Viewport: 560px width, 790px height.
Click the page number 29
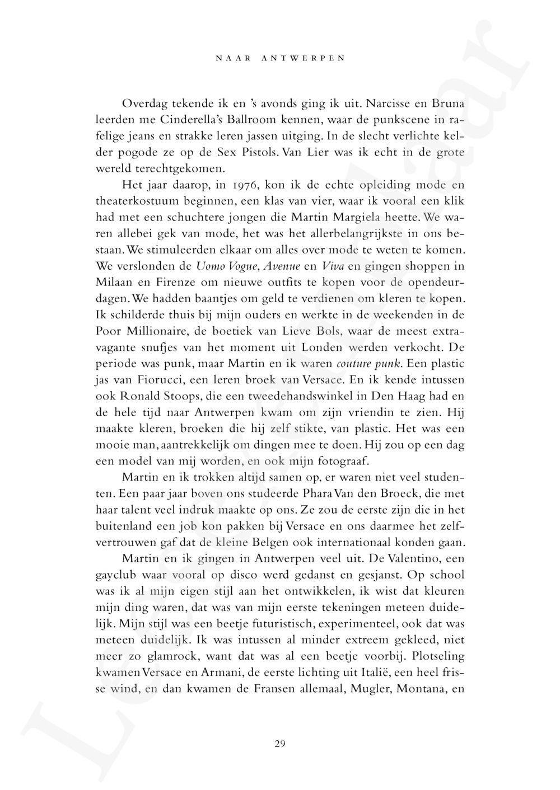click(281, 744)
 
